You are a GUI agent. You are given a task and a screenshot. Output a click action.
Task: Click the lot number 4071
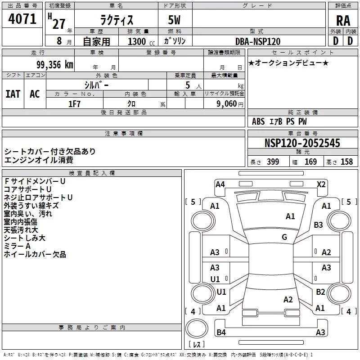pos(22,19)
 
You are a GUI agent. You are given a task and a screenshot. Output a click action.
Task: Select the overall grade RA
pos(343,21)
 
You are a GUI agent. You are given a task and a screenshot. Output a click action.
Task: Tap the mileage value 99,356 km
pos(55,65)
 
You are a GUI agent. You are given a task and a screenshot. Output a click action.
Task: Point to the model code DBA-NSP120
pos(258,41)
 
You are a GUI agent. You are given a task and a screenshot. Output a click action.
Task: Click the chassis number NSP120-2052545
pos(302,143)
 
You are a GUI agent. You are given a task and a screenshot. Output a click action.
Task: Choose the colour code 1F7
pos(74,104)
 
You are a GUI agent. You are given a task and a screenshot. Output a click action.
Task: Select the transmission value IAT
pos(13,94)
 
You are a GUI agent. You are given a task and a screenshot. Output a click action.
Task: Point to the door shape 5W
pos(174,20)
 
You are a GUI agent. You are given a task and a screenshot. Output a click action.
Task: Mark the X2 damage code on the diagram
pos(321,184)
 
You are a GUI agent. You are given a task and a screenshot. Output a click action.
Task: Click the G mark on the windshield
pos(284,237)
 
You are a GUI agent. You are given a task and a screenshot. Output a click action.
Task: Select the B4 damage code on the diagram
pos(221,332)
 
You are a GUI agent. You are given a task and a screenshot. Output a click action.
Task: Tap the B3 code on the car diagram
pos(318,225)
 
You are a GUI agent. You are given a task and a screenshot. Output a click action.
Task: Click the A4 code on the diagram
pos(220,184)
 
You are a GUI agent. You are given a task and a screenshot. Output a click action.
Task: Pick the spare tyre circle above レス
pos(197,328)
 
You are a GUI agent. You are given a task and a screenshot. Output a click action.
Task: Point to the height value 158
pos(346,162)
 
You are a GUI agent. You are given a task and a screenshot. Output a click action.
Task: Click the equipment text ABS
pos(258,121)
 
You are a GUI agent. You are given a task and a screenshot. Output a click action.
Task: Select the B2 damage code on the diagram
pos(320,292)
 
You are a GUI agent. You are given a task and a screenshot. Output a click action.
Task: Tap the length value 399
pos(273,162)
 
